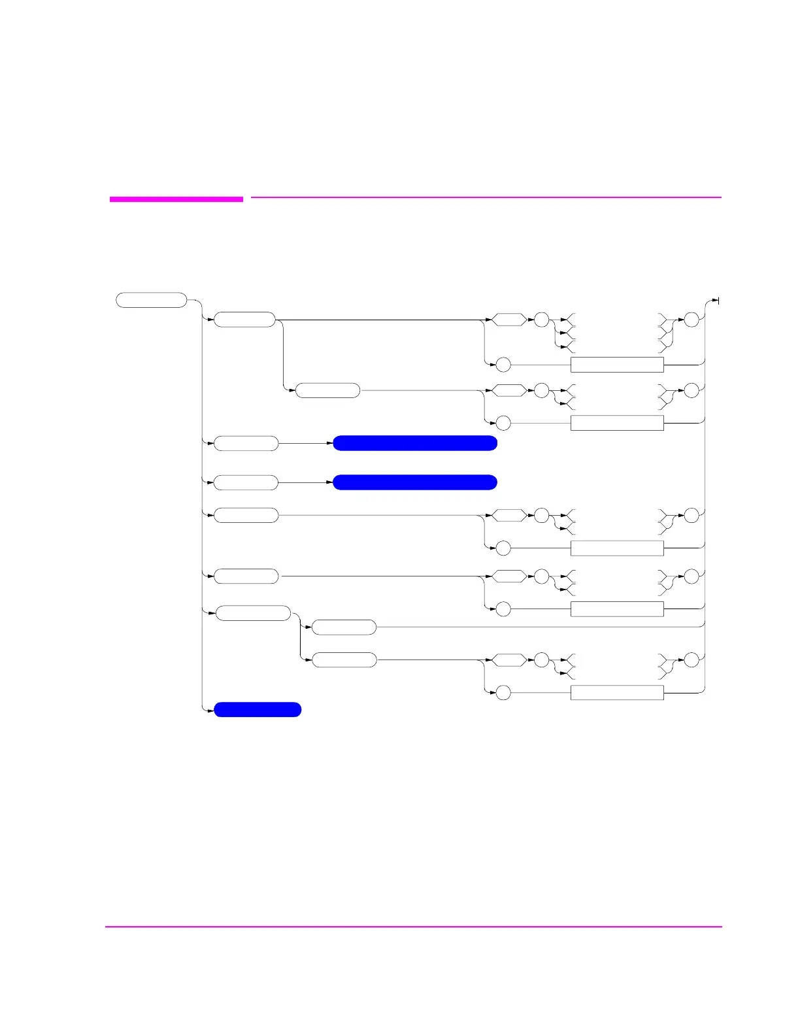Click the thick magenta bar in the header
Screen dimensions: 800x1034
pos(176,199)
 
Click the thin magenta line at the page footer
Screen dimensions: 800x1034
pos(413,926)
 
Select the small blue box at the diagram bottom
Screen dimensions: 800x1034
pos(258,710)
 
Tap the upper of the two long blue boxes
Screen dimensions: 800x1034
pos(415,443)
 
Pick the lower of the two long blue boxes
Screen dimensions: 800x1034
pos(415,482)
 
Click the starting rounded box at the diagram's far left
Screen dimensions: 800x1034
pos(152,300)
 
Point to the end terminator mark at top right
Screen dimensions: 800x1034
pos(718,301)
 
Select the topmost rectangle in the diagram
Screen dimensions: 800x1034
pos(617,365)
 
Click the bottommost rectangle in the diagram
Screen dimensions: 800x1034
pos(617,693)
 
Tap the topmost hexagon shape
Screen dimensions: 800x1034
pos(508,320)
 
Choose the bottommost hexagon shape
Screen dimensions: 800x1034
pos(508,660)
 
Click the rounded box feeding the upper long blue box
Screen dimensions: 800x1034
pos(246,443)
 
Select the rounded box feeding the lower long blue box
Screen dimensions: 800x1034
pos(246,482)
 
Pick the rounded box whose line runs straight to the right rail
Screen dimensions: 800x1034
pos(344,627)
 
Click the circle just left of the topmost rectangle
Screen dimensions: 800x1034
pos(503,365)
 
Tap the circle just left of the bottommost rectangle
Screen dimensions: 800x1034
pos(503,693)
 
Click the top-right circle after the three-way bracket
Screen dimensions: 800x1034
pos(692,320)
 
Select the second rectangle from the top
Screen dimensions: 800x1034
pos(617,423)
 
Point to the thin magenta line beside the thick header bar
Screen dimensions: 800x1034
pos(486,197)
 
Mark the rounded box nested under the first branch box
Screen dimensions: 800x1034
pos(327,391)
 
